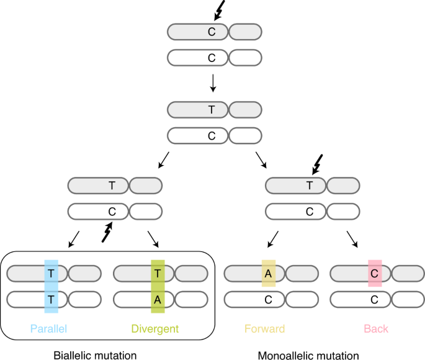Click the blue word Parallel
(48, 329)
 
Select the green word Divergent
(155, 329)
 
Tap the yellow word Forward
(264, 329)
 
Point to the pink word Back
(376, 329)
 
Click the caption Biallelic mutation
(95, 355)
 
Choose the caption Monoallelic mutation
(308, 355)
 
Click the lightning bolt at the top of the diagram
(219, 11)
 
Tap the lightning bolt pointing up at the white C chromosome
(107, 232)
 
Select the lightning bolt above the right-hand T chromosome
(318, 164)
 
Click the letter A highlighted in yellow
(268, 274)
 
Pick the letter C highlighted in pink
(374, 274)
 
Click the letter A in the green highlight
(158, 300)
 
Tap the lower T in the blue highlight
(51, 300)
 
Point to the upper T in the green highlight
(158, 274)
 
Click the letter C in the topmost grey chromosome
(212, 32)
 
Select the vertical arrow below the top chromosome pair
(213, 83)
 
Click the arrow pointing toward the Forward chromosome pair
(273, 239)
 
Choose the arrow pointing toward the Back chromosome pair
(352, 239)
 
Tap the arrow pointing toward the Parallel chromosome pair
(74, 239)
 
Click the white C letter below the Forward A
(268, 300)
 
